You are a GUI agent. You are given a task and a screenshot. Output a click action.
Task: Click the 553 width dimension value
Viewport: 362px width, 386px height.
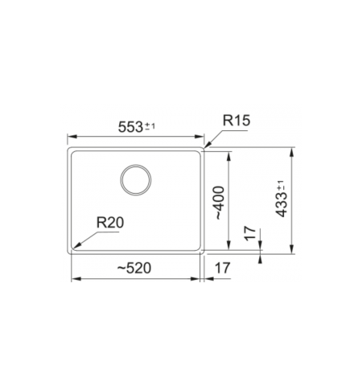[x=130, y=127]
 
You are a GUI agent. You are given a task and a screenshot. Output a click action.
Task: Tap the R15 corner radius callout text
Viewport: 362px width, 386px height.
[x=237, y=121]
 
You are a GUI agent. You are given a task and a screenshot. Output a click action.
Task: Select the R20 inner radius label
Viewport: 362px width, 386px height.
[x=110, y=223]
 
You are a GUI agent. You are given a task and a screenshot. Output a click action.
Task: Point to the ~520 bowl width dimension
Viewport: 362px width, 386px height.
[x=134, y=268]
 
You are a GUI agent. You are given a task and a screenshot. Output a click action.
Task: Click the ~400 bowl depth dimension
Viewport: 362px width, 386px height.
[x=220, y=203]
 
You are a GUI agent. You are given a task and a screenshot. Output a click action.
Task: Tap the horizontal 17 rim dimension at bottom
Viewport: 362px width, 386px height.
[x=223, y=268]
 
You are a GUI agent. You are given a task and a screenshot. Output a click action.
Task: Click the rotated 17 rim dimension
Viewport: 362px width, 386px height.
[x=250, y=233]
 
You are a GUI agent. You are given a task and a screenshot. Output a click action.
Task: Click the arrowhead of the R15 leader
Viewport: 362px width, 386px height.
[x=208, y=145]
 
